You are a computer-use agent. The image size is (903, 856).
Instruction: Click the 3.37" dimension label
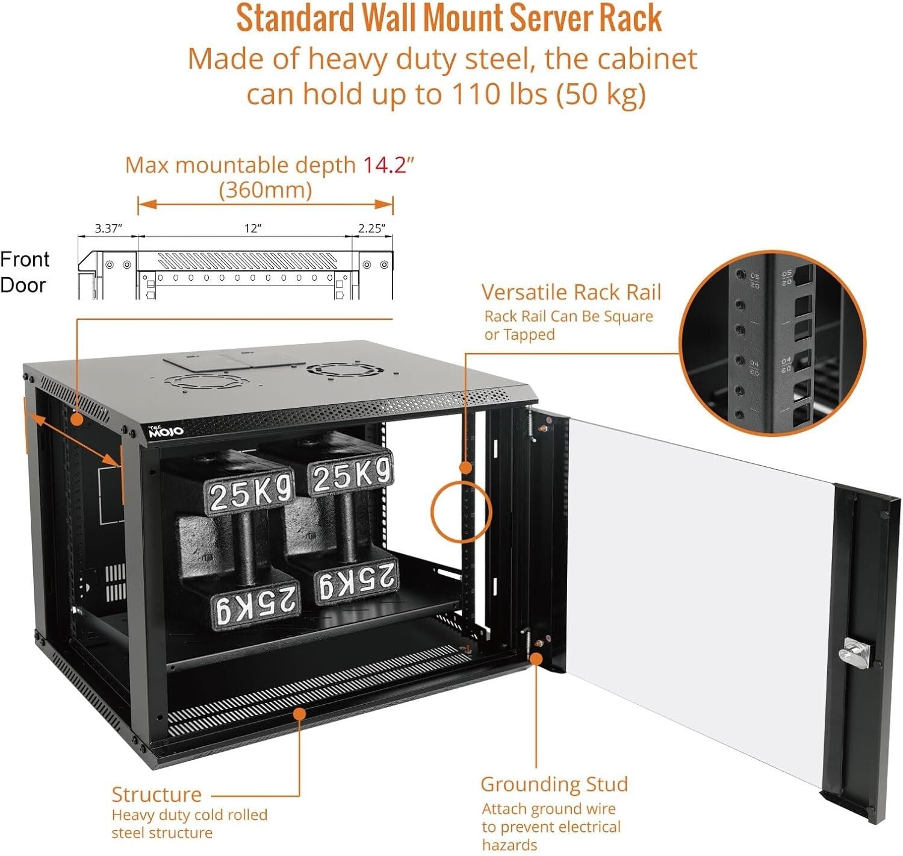pyautogui.click(x=108, y=228)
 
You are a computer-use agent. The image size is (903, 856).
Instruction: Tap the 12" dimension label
pyautogui.click(x=252, y=228)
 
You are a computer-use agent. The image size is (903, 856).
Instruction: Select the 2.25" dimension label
pyautogui.click(x=371, y=228)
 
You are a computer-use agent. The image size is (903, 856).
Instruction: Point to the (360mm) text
pyautogui.click(x=265, y=190)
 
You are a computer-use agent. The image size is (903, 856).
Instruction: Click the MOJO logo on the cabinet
pyautogui.click(x=166, y=431)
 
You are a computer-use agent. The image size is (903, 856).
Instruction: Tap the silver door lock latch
pyautogui.click(x=854, y=652)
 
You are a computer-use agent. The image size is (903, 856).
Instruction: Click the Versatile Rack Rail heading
pyautogui.click(x=571, y=292)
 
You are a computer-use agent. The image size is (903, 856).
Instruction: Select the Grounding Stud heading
pyautogui.click(x=554, y=784)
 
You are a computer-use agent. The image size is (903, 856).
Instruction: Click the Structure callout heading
pyautogui.click(x=157, y=794)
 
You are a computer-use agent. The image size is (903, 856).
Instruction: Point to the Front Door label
pyautogui.click(x=24, y=272)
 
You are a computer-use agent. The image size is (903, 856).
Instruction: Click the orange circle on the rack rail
pyautogui.click(x=461, y=512)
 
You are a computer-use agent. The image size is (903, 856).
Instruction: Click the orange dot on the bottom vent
pyautogui.click(x=299, y=713)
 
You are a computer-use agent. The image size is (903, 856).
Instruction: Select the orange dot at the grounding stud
pyautogui.click(x=535, y=659)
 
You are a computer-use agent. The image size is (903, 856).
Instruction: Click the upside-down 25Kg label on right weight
pyautogui.click(x=356, y=582)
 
